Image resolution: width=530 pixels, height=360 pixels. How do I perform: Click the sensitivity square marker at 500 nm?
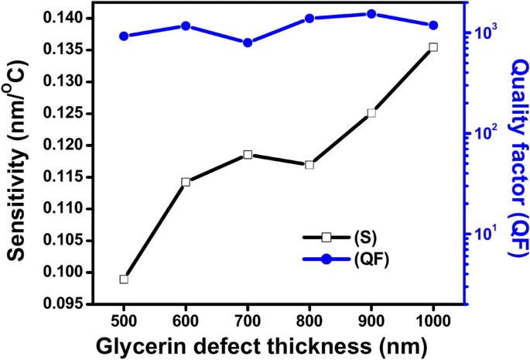(x=124, y=279)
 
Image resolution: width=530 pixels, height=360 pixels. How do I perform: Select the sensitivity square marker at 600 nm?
(x=186, y=182)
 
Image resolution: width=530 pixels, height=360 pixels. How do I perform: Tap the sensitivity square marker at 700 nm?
(x=248, y=155)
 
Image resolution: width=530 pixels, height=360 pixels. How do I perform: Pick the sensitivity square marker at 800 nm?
(x=309, y=165)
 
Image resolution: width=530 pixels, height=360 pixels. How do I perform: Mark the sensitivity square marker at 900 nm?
(x=371, y=113)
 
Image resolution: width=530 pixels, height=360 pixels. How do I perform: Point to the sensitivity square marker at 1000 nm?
(x=433, y=47)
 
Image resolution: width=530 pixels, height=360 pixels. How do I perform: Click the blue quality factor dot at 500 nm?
(x=124, y=36)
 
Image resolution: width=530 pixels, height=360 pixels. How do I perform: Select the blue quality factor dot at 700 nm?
(x=248, y=43)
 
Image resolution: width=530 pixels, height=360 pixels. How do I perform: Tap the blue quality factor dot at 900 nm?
(x=371, y=14)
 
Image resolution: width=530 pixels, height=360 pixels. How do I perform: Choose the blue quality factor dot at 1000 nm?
(x=433, y=26)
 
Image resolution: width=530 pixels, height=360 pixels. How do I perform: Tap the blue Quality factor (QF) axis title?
(x=517, y=155)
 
